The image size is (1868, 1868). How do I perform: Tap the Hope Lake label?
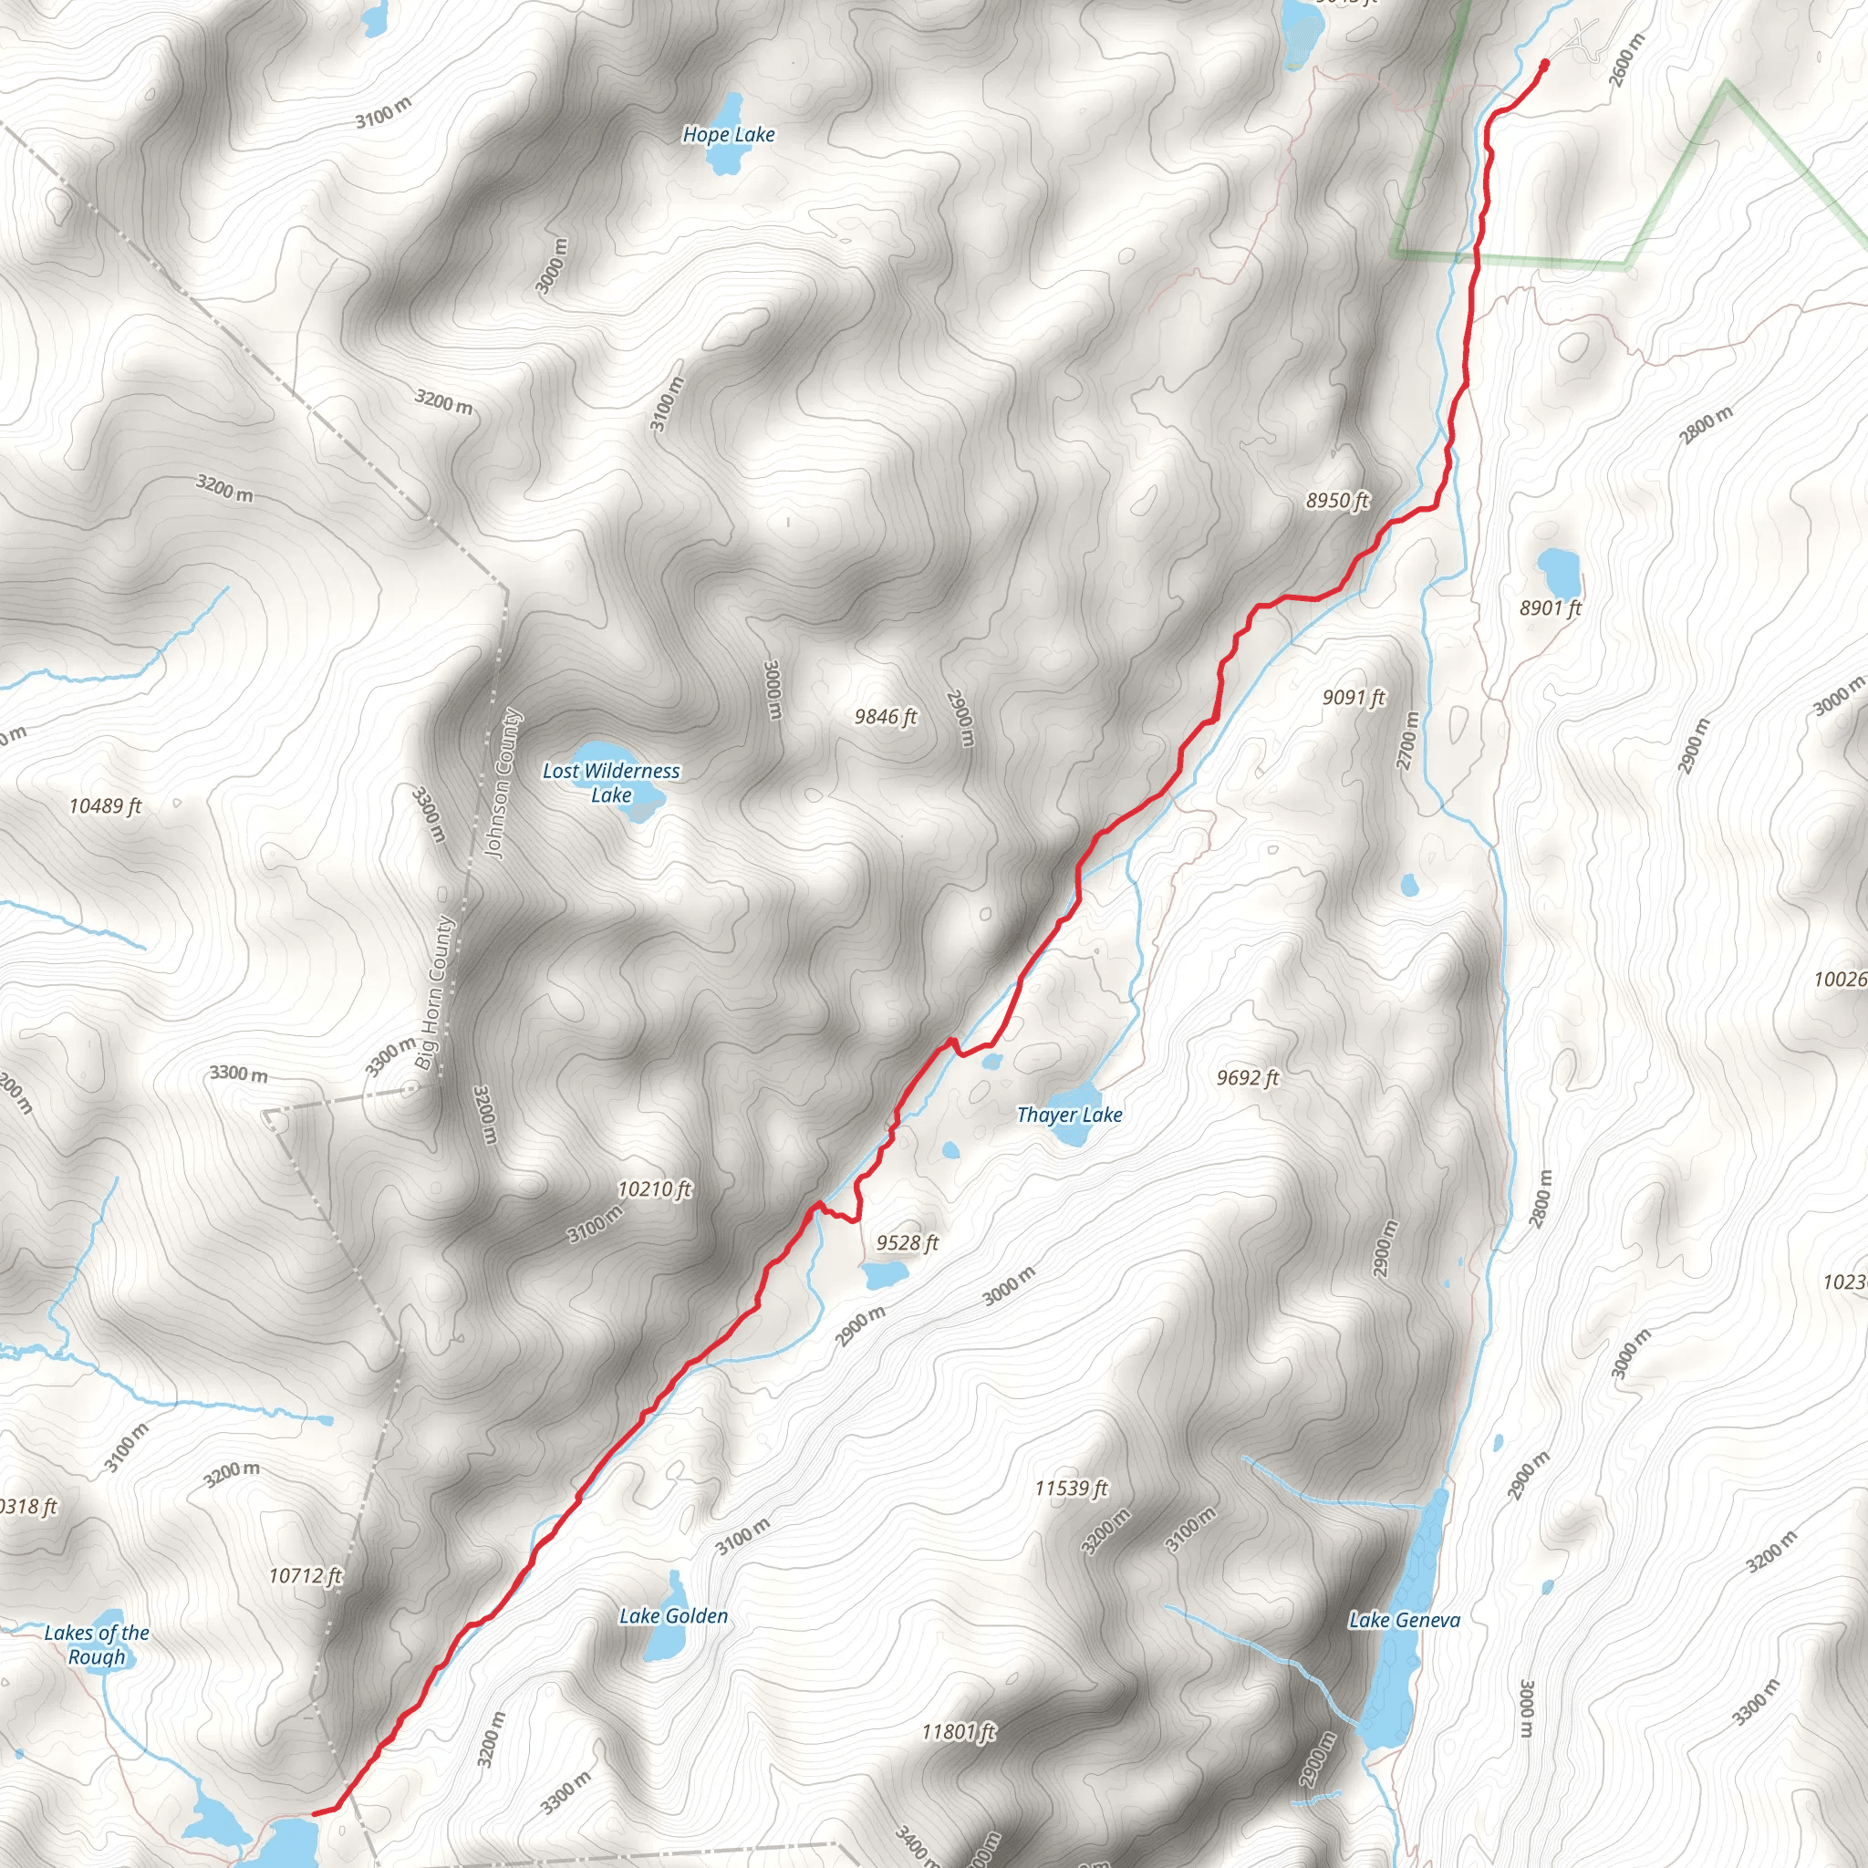[728, 134]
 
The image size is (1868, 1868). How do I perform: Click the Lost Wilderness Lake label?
[611, 783]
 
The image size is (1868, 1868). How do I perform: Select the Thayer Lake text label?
[1069, 1115]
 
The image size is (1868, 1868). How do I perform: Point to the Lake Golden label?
[674, 1615]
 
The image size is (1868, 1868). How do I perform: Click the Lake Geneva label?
[1404, 1620]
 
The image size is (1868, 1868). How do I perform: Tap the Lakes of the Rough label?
[97, 1645]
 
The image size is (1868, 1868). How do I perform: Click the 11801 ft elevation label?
[959, 1732]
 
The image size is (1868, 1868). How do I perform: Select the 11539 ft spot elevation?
[1072, 1488]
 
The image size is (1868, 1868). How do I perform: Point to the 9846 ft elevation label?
[885, 716]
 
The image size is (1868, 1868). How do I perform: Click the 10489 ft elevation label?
[106, 805]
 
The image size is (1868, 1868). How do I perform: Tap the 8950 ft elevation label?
[1337, 500]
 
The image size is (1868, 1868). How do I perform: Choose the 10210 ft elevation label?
[655, 1189]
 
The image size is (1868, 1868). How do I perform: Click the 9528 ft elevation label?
[907, 1242]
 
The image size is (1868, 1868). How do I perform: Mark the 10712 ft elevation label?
[306, 1576]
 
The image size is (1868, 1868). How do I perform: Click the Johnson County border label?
[503, 784]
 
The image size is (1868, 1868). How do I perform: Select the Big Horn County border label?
[434, 992]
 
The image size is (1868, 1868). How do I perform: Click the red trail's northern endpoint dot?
[1544, 64]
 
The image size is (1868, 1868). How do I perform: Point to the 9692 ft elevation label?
[1247, 1077]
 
